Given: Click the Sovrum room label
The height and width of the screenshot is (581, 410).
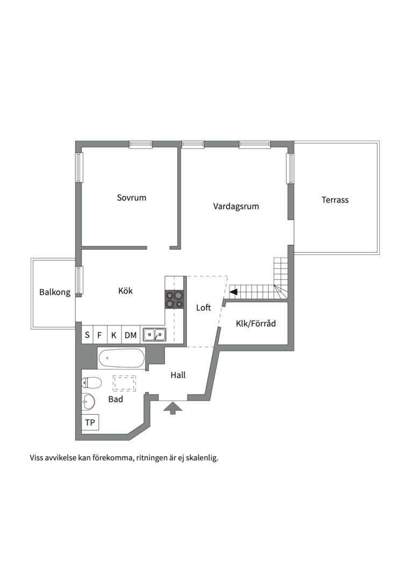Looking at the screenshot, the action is pyautogui.click(x=131, y=197).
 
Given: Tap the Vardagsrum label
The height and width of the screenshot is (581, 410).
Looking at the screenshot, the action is pyautogui.click(x=236, y=207).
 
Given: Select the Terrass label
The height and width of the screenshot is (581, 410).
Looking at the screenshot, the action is pyautogui.click(x=335, y=200).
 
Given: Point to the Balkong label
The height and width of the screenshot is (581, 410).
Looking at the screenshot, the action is pyautogui.click(x=55, y=292).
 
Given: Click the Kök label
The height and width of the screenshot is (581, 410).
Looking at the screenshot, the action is pyautogui.click(x=125, y=291).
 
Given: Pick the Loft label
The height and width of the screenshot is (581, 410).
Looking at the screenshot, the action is pyautogui.click(x=204, y=308).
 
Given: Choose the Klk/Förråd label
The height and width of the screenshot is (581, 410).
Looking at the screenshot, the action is pyautogui.click(x=256, y=323).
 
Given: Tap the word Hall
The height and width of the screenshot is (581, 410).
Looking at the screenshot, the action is pyautogui.click(x=178, y=375).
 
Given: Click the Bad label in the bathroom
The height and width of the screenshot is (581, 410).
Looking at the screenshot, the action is pyautogui.click(x=116, y=399).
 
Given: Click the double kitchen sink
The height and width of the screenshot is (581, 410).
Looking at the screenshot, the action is pyautogui.click(x=155, y=335).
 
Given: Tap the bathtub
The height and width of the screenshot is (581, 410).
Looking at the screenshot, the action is pyautogui.click(x=121, y=358).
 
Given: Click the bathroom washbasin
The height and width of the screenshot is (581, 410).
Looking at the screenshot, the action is pyautogui.click(x=89, y=401).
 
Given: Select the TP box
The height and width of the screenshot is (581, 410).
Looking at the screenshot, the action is pyautogui.click(x=90, y=422).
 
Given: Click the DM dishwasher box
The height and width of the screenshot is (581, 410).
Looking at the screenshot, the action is pyautogui.click(x=131, y=335).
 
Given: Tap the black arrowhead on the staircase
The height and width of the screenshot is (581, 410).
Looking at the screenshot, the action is pyautogui.click(x=233, y=292).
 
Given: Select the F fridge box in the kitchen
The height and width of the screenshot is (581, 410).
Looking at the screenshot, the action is pyautogui.click(x=99, y=335).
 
